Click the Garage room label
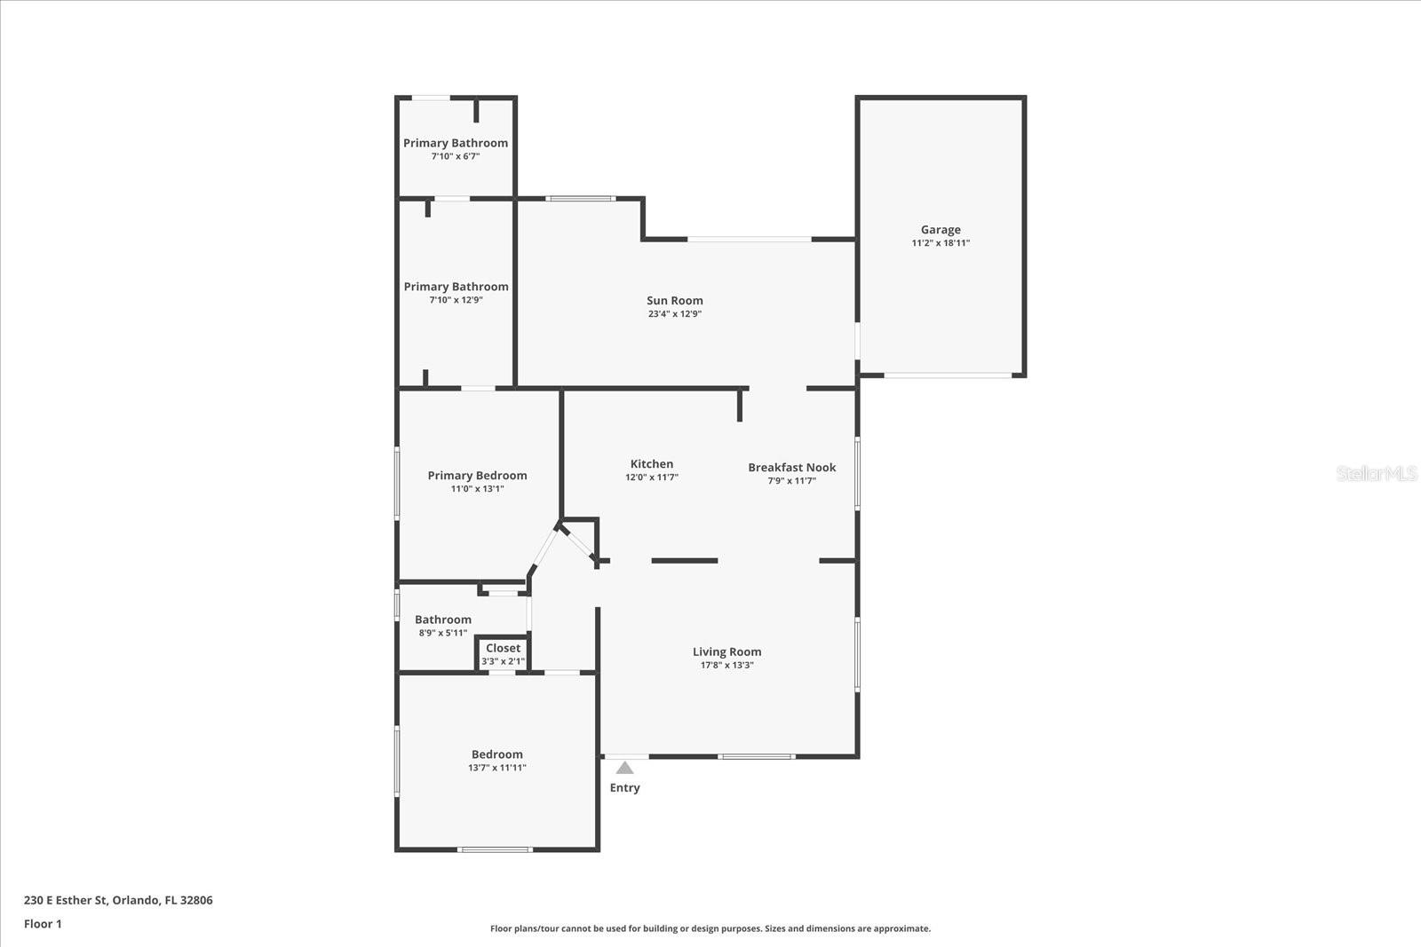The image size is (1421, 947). click(x=940, y=230)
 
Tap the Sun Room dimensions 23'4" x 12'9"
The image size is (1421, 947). click(x=674, y=314)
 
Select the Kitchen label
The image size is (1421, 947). click(x=651, y=464)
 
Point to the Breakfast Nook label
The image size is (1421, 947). click(x=791, y=468)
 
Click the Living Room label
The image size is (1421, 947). click(x=726, y=652)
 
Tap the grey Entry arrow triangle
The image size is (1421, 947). click(x=624, y=768)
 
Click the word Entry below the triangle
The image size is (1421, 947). click(x=624, y=788)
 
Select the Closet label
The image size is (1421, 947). click(x=503, y=649)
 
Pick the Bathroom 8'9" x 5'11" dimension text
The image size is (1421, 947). click(x=442, y=634)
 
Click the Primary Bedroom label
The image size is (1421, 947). click(x=477, y=476)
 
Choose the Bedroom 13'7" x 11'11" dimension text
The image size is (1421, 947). click(x=496, y=769)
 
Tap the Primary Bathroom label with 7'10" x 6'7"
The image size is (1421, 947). click(x=456, y=143)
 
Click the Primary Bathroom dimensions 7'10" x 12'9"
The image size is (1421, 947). click(x=456, y=301)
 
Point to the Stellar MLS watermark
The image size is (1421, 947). click(x=1376, y=474)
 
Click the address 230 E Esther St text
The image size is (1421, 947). click(x=118, y=900)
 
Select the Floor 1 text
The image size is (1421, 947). click(x=43, y=924)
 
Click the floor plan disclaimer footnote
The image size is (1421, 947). click(x=710, y=929)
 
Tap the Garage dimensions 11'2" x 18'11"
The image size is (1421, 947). click(x=940, y=243)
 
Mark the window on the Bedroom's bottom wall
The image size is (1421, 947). click(x=495, y=849)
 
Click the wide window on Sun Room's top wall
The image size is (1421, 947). click(x=749, y=239)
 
